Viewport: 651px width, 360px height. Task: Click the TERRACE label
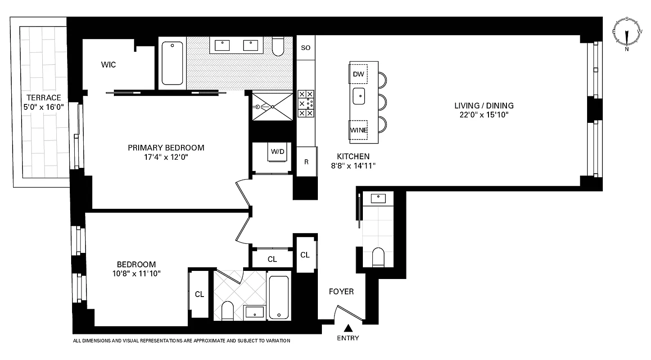tap(43, 98)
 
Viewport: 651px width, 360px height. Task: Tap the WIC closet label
tap(108, 65)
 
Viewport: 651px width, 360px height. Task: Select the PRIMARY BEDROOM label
tap(166, 148)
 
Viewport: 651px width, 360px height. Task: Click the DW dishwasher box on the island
tap(358, 74)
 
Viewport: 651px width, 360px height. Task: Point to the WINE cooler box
tap(359, 130)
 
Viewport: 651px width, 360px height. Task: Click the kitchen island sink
tap(359, 96)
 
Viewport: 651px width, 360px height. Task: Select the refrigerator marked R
tap(306, 162)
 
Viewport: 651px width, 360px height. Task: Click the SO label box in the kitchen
tap(305, 48)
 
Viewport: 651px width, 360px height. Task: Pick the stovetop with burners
tap(306, 104)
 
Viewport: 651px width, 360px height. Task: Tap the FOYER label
tap(341, 292)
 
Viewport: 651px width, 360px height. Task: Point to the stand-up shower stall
tap(272, 107)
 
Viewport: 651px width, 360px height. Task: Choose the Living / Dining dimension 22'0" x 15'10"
tap(484, 115)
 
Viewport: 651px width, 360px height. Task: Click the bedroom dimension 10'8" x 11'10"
tap(136, 273)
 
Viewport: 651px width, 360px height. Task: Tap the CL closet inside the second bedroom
tap(199, 294)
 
